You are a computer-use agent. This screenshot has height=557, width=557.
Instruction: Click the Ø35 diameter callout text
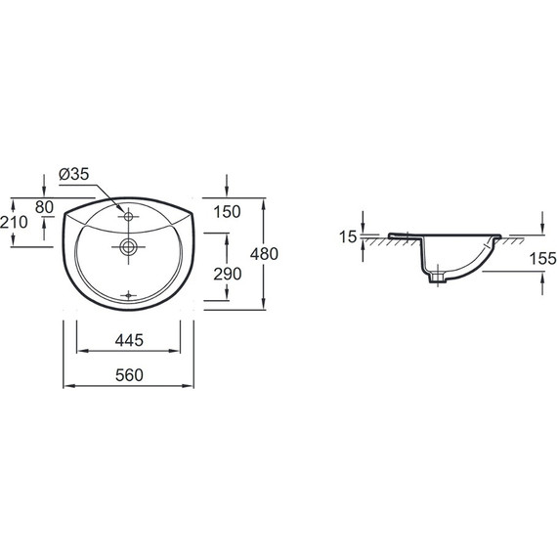click(74, 174)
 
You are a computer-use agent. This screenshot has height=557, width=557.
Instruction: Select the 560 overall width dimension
click(129, 375)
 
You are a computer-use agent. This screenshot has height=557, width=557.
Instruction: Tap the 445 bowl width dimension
click(129, 340)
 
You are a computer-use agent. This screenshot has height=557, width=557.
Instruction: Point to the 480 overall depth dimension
click(264, 254)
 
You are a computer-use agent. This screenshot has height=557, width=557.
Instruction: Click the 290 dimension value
click(228, 274)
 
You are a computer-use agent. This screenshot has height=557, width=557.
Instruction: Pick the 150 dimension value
click(227, 212)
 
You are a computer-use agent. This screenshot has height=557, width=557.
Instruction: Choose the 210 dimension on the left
click(14, 223)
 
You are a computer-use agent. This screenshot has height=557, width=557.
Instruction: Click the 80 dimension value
click(44, 207)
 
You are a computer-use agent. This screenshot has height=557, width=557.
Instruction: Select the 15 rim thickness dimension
click(348, 236)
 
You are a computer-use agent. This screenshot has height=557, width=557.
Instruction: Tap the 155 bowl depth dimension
click(542, 258)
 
